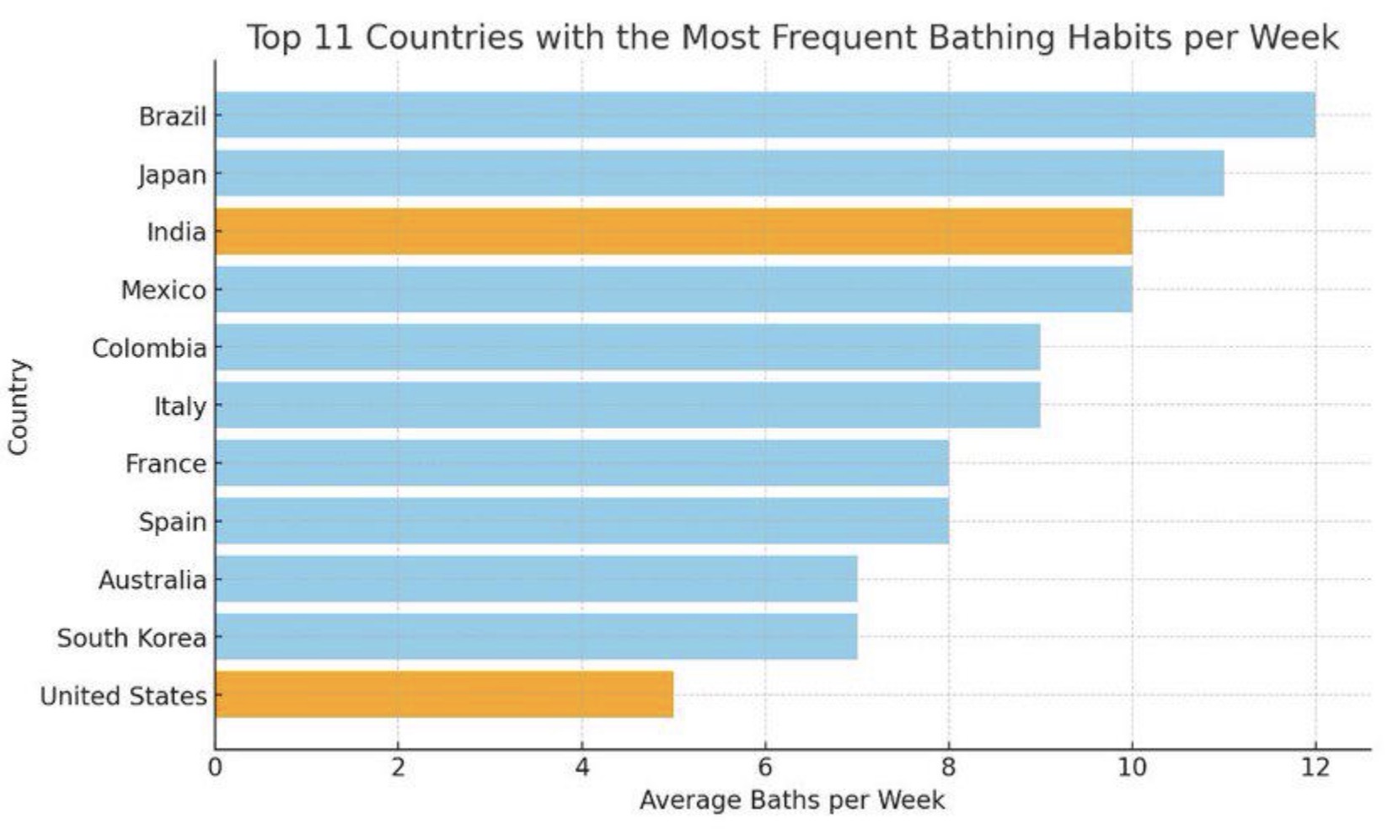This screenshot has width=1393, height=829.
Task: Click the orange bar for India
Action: coord(674,232)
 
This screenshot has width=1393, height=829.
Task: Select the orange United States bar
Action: coord(445,695)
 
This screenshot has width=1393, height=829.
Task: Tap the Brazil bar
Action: coord(765,115)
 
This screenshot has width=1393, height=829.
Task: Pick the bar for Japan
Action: coord(721,173)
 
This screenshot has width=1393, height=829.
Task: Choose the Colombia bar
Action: coord(628,347)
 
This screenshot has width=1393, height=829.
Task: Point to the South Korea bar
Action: coord(537,637)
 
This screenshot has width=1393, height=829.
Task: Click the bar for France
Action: coord(582,463)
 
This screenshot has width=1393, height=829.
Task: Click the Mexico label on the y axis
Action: coord(163,290)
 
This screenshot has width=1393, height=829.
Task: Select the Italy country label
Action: coord(180,407)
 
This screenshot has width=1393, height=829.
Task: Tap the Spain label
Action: coord(173,522)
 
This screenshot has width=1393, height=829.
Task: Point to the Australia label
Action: coord(153,580)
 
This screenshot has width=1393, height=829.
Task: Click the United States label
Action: coord(123,696)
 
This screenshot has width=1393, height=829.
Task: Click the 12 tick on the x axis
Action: coord(1315,767)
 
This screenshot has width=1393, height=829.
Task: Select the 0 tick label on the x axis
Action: coord(215,767)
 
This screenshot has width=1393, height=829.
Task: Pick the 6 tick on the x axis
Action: coord(765,767)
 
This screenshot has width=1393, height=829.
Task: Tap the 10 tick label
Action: coord(1132,767)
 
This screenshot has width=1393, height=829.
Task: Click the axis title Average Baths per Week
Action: coord(791,800)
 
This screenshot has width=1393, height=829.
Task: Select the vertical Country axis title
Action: coord(19,408)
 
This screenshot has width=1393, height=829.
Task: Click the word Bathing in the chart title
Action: coord(991,38)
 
